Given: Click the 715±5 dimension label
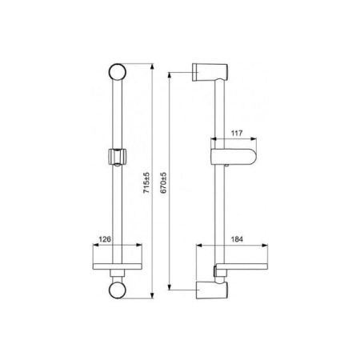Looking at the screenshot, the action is pyautogui.click(x=146, y=183).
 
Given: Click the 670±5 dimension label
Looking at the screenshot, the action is pyautogui.click(x=163, y=182).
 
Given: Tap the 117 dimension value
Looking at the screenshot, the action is pyautogui.click(x=237, y=133).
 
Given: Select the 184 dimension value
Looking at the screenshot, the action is pyautogui.click(x=237, y=239).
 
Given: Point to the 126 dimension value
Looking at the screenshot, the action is pyautogui.click(x=105, y=239).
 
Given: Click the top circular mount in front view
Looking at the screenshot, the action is pyautogui.click(x=118, y=72).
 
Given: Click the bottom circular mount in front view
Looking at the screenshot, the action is pyautogui.click(x=118, y=290).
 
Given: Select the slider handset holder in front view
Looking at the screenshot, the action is pyautogui.click(x=118, y=157).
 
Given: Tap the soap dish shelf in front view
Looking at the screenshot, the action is pyautogui.click(x=118, y=266).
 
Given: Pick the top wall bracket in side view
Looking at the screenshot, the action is pyautogui.click(x=210, y=72).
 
